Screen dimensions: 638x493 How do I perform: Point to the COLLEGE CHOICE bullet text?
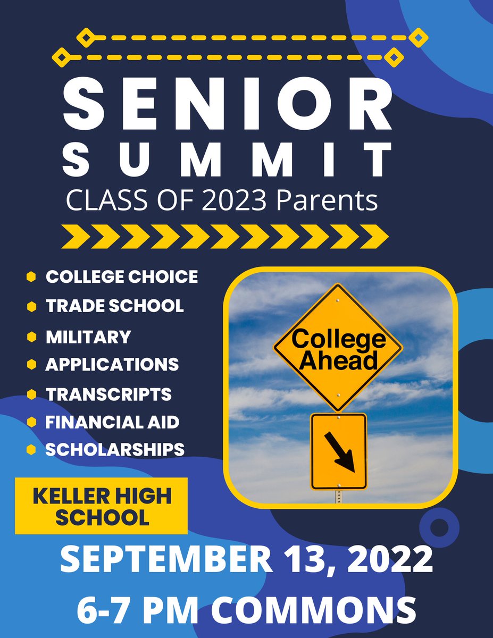click(121, 277)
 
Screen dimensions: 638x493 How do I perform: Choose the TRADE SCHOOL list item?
click(114, 306)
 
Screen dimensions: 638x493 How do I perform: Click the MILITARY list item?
click(88, 337)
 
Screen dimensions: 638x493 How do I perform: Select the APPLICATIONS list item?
click(112, 364)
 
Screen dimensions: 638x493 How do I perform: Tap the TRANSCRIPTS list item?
click(108, 394)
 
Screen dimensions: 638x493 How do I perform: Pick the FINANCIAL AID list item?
click(112, 422)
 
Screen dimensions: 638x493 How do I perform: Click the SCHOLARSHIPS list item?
click(115, 449)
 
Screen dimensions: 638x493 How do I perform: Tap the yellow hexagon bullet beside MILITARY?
click(31, 337)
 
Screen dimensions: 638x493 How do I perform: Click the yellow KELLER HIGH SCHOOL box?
click(101, 506)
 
